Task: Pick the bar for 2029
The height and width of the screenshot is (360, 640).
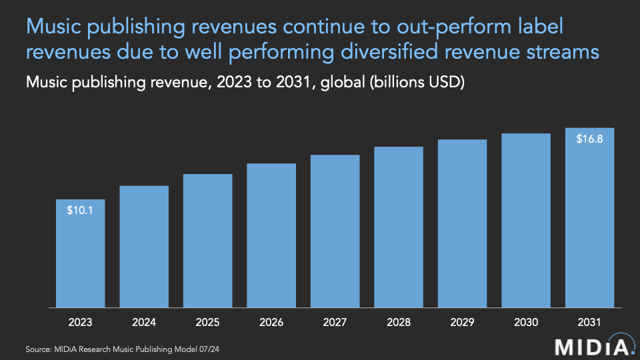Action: [462, 224]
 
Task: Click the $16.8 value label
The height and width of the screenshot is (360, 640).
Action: [589, 139]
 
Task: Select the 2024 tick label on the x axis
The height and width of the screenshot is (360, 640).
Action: [144, 322]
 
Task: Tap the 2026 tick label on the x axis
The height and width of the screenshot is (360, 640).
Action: [271, 322]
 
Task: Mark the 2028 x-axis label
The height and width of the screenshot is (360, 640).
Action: [399, 322]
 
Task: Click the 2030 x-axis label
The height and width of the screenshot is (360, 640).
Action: [526, 322]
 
